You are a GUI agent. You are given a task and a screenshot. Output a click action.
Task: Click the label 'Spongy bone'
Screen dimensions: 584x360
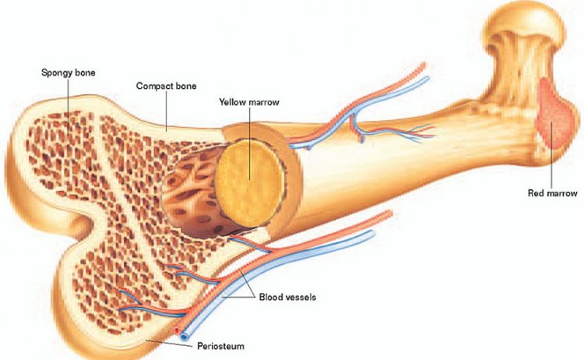69,72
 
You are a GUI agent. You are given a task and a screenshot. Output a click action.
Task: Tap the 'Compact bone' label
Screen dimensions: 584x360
166,86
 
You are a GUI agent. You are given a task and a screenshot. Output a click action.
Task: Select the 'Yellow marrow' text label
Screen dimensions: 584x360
249,102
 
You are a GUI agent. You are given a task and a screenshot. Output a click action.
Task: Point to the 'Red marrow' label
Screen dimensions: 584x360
553,193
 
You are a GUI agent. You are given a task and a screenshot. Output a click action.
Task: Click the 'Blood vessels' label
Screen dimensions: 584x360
287,298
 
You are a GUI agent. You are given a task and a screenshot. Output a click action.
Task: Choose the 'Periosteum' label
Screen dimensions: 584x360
221,346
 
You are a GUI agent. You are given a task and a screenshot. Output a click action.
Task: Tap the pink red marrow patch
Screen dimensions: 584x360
556,114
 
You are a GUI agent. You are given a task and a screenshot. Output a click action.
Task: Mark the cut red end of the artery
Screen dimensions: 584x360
177,330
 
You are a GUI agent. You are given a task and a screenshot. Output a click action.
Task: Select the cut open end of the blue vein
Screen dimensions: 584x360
184,337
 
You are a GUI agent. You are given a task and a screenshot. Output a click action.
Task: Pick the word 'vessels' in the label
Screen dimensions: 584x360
301,298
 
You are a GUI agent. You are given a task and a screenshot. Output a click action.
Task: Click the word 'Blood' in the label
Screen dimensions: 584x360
270,298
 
